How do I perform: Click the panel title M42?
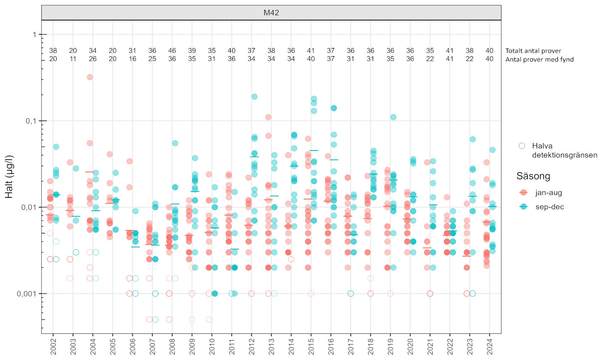[271, 13]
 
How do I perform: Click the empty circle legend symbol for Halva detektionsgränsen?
[522, 145]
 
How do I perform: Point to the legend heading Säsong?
[534, 176]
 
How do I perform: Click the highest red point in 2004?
[90, 77]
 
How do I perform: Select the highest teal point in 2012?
[255, 97]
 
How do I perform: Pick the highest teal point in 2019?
[393, 117]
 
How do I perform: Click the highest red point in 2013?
[268, 117]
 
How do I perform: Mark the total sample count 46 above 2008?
[172, 50]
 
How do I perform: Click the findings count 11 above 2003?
[73, 60]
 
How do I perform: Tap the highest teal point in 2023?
[473, 139]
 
